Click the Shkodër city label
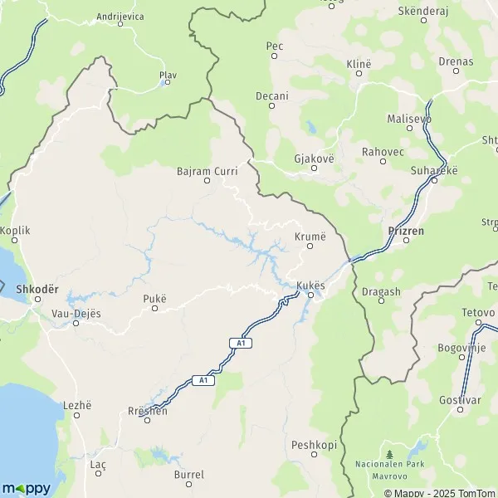[37, 289]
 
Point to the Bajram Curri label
[207, 171]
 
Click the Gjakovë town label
[314, 158]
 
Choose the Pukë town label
[154, 298]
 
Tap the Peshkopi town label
[314, 445]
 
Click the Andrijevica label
[120, 16]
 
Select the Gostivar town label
[460, 399]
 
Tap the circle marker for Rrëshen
[148, 420]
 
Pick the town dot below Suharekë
[433, 179]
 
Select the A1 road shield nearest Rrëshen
[201, 379]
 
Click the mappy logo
[26, 488]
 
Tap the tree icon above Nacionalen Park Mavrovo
[388, 454]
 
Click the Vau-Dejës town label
[76, 314]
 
